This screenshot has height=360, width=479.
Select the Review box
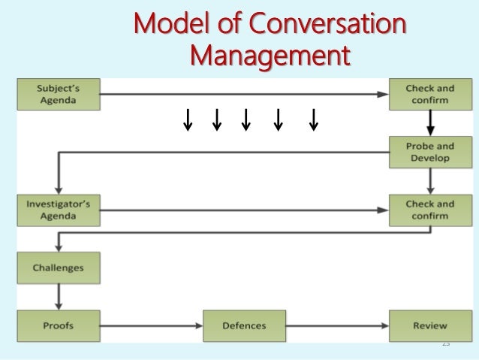(x=429, y=326)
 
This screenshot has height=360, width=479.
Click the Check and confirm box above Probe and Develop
(x=429, y=95)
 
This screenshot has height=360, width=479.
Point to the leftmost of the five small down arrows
(x=188, y=119)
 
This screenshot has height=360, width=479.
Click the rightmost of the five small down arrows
(x=313, y=119)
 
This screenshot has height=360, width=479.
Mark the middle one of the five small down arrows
(x=246, y=119)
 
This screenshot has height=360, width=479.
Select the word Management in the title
(x=270, y=55)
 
